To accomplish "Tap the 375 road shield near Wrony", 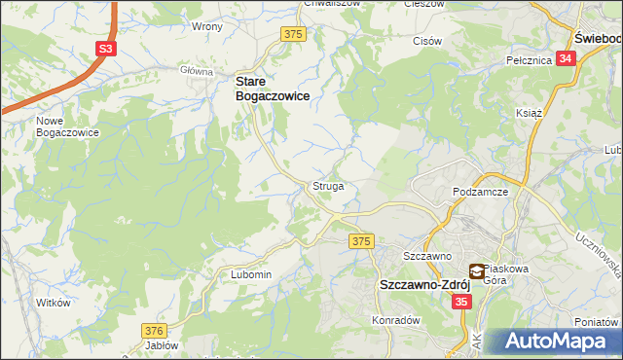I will (294, 34).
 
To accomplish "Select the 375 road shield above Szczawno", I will (362, 240).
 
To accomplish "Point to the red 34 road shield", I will (567, 58).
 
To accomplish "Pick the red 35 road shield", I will (462, 303).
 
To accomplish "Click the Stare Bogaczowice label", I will (273, 90).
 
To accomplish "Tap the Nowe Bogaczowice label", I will (67, 126).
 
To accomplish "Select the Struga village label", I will (327, 185).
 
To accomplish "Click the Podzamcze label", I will (482, 193).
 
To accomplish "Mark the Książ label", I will (529, 113).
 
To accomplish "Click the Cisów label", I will (427, 41).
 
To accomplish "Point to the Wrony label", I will (207, 26).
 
